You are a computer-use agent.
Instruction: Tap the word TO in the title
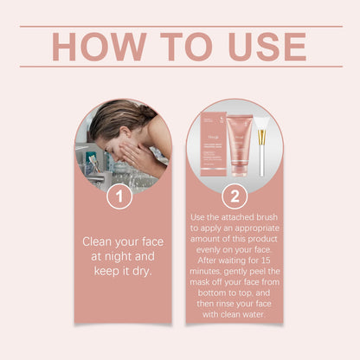[x=179, y=47]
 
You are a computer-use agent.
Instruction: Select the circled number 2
[x=235, y=196]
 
